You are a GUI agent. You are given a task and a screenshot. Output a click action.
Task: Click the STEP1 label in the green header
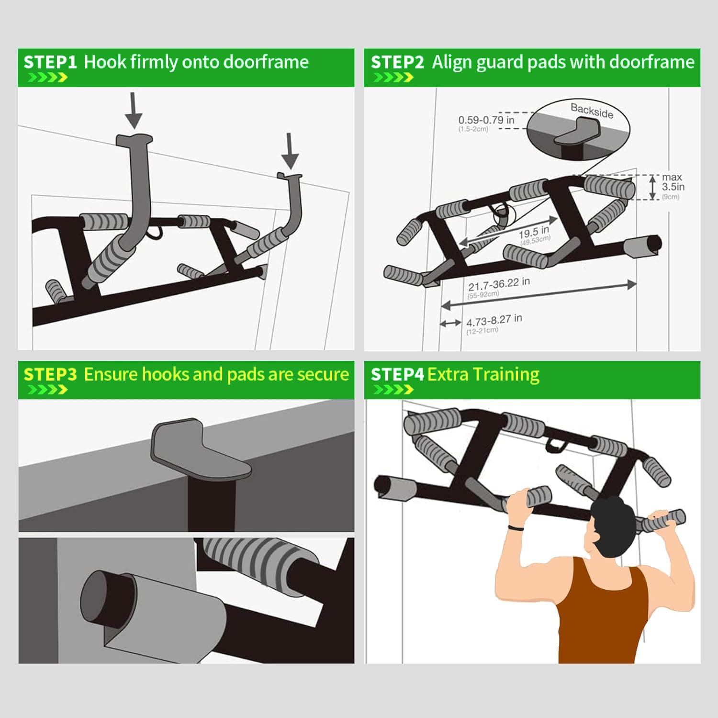50,62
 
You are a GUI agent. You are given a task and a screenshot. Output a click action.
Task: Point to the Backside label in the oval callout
592,111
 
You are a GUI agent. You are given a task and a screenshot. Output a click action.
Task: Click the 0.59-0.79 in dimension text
486,120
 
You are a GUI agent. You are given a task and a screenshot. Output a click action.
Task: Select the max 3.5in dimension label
673,182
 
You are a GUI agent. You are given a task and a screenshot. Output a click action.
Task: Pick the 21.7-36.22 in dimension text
499,284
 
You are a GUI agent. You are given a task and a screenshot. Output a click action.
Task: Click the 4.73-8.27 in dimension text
494,320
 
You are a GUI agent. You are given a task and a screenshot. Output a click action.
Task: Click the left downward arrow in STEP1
134,110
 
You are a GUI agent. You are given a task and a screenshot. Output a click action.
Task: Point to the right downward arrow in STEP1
290,151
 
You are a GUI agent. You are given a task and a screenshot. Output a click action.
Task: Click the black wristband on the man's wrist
515,527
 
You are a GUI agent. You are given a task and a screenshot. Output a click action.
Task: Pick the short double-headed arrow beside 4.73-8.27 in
450,324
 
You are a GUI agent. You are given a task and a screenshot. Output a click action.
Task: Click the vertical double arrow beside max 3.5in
653,187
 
